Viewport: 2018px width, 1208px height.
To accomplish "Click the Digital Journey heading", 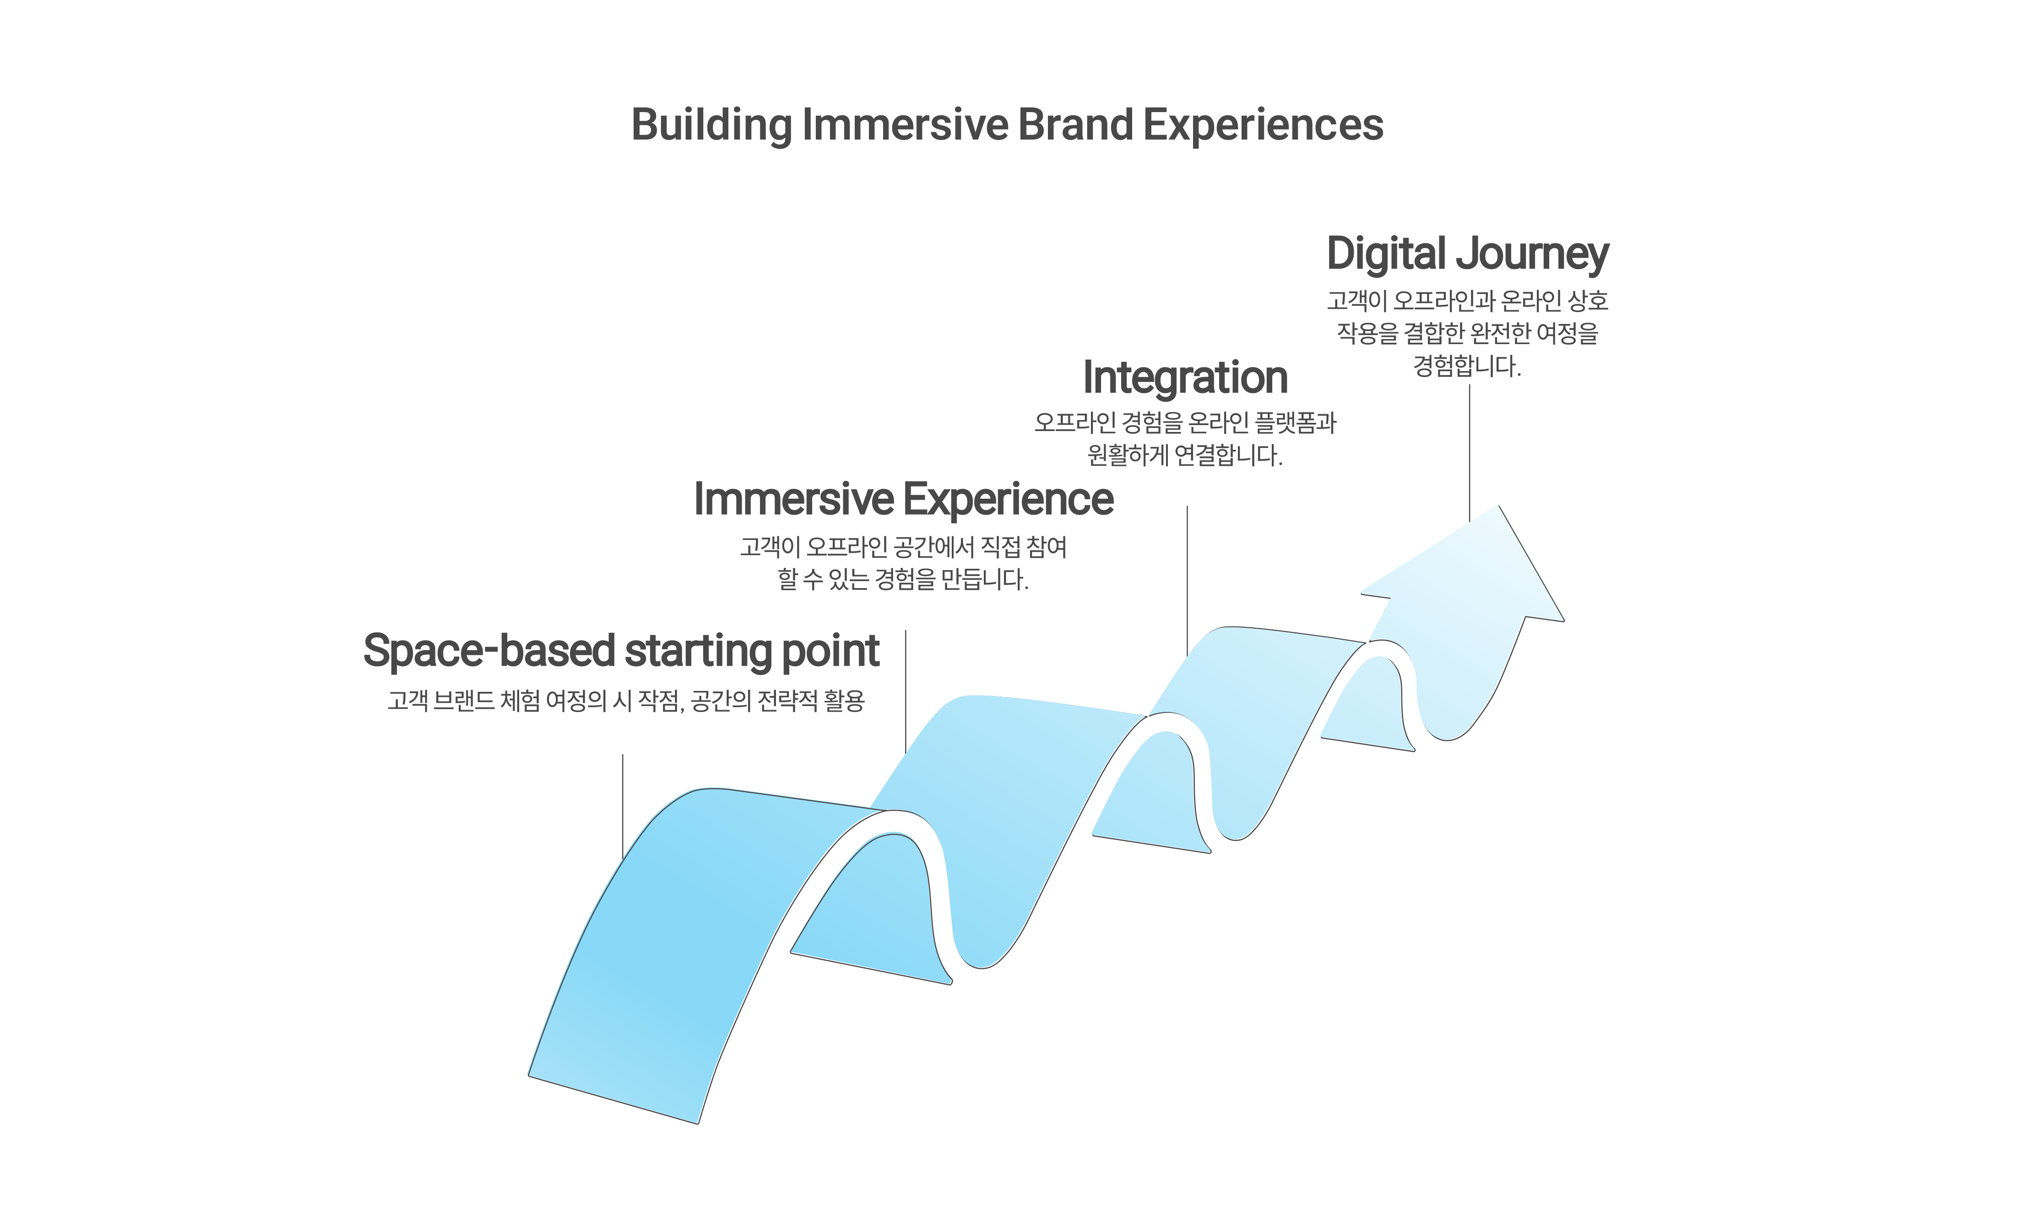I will tap(1467, 254).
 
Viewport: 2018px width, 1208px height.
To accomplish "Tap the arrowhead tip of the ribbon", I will tap(1497, 508).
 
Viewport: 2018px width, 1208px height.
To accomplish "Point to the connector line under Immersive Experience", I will tap(906, 688).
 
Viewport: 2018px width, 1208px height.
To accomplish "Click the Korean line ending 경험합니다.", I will tap(1467, 367).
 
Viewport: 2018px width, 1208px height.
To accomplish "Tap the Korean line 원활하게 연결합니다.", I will tap(1185, 455).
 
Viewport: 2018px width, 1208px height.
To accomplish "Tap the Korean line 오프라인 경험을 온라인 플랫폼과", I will tap(1185, 422).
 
